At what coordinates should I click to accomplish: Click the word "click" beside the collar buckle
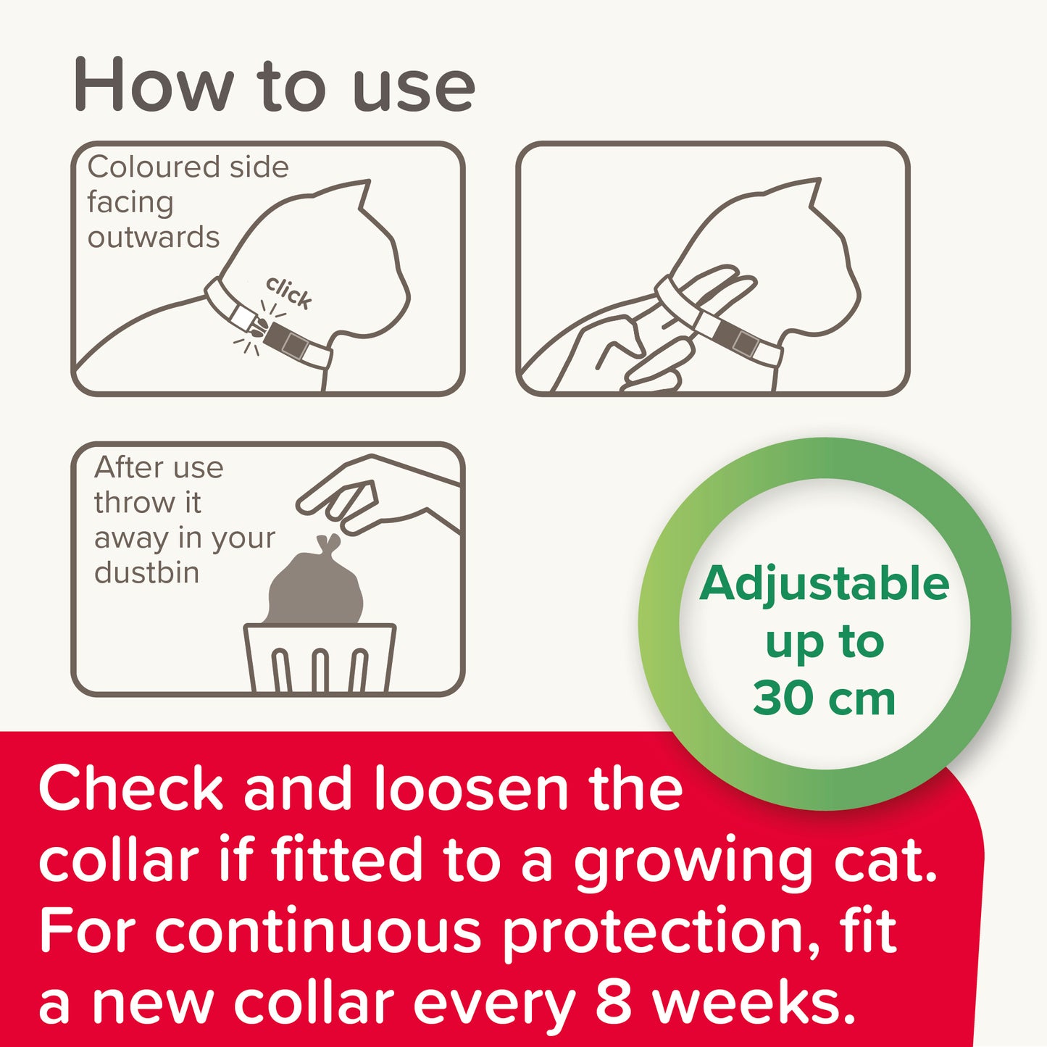pyautogui.click(x=289, y=292)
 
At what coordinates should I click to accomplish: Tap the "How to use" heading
pyautogui.click(x=274, y=87)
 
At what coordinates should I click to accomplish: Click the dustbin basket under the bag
pyautogui.click(x=320, y=658)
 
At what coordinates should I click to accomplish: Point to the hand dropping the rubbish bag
pyautogui.click(x=377, y=496)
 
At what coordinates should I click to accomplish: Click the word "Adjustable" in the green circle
pyautogui.click(x=824, y=584)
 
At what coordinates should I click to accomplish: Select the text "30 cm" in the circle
pyautogui.click(x=824, y=698)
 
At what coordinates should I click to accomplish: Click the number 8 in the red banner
pyautogui.click(x=613, y=1003)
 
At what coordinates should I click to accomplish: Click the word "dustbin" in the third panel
pyautogui.click(x=146, y=572)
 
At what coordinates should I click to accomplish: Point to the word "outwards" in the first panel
pyautogui.click(x=154, y=238)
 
